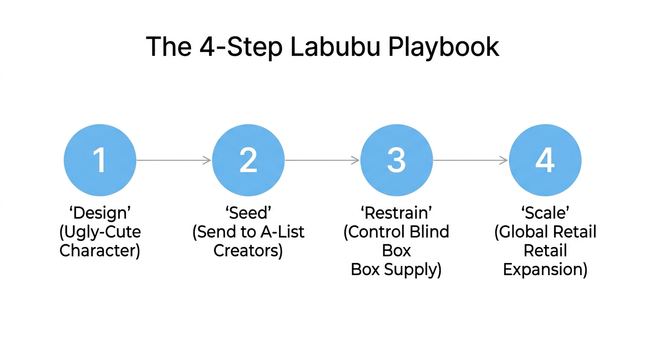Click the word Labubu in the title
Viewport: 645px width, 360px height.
click(340, 47)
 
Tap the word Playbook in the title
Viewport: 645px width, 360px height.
click(445, 47)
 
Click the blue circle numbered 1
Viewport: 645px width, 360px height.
click(100, 160)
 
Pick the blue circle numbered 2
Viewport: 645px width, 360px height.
click(248, 160)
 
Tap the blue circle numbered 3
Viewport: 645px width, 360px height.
click(397, 160)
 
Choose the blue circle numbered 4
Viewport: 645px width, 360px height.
click(545, 160)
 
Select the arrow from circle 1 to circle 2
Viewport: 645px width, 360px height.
click(174, 160)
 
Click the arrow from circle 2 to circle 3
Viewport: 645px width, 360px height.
click(322, 160)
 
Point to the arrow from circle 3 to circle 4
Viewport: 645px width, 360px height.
click(471, 160)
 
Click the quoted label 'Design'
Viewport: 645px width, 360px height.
click(100, 213)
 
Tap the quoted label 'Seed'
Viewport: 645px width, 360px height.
click(248, 213)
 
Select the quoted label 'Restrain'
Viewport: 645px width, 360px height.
click(397, 213)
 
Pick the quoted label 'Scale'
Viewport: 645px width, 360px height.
click(545, 213)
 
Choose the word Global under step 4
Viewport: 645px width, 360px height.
click(524, 232)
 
